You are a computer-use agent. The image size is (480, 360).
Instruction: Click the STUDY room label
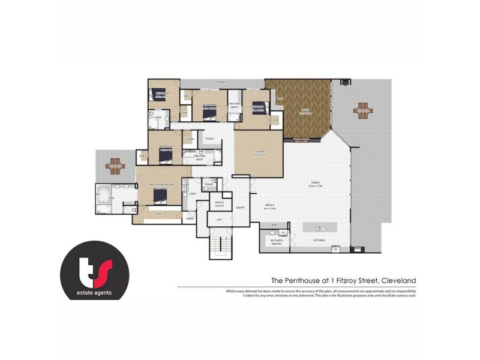click(x=209, y=139)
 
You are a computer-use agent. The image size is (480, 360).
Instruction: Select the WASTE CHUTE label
click(x=220, y=204)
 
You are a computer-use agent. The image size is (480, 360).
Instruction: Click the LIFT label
click(x=220, y=220)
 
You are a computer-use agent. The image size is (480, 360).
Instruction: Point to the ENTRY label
click(x=241, y=208)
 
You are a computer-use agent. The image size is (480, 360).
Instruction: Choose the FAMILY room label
click(x=316, y=184)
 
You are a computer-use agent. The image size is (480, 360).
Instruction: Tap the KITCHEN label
click(x=319, y=240)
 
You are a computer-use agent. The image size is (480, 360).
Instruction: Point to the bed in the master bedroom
click(x=159, y=195)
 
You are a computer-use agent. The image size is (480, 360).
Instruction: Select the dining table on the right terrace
click(x=363, y=109)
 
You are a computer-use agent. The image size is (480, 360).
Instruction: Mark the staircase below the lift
click(x=220, y=246)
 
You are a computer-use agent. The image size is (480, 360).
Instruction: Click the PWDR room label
click(x=209, y=184)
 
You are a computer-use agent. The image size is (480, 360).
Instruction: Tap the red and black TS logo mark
click(x=94, y=268)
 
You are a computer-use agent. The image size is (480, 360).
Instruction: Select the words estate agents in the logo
click(x=94, y=293)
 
